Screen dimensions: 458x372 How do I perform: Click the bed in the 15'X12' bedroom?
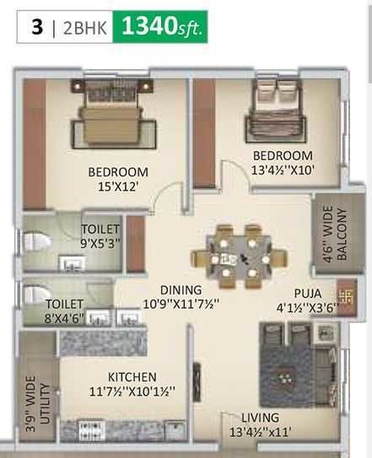[118, 118]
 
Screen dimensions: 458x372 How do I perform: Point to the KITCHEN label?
[132, 377]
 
